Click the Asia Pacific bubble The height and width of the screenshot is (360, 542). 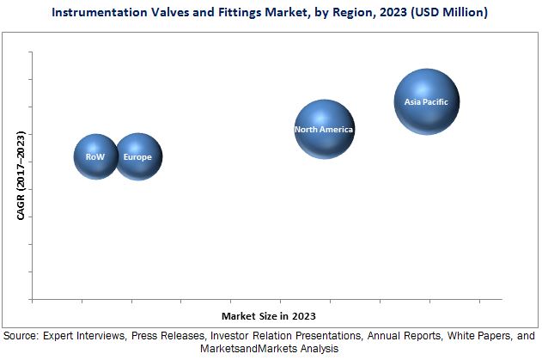[426, 101]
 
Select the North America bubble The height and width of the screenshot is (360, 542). [324, 129]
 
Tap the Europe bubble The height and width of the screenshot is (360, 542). [137, 156]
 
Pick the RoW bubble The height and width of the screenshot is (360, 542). [95, 156]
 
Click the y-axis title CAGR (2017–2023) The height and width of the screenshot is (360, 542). [21, 174]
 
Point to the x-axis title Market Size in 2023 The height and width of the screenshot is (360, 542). [267, 315]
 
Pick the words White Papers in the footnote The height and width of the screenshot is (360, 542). [484, 336]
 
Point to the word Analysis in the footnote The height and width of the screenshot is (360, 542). [320, 350]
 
